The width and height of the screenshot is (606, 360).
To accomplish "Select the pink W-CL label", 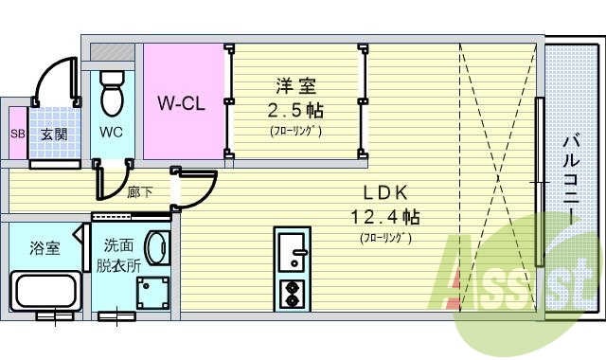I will tap(181, 102).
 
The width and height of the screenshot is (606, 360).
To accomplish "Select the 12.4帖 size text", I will tap(384, 217).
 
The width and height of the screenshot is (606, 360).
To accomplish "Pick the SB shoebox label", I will tap(16, 135).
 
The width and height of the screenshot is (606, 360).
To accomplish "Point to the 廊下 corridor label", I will tap(139, 193).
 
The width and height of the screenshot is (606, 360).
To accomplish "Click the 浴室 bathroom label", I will tap(45, 249).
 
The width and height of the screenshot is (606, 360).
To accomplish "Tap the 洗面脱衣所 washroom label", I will tap(118, 254).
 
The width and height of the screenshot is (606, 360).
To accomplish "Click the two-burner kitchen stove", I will tap(294, 295).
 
